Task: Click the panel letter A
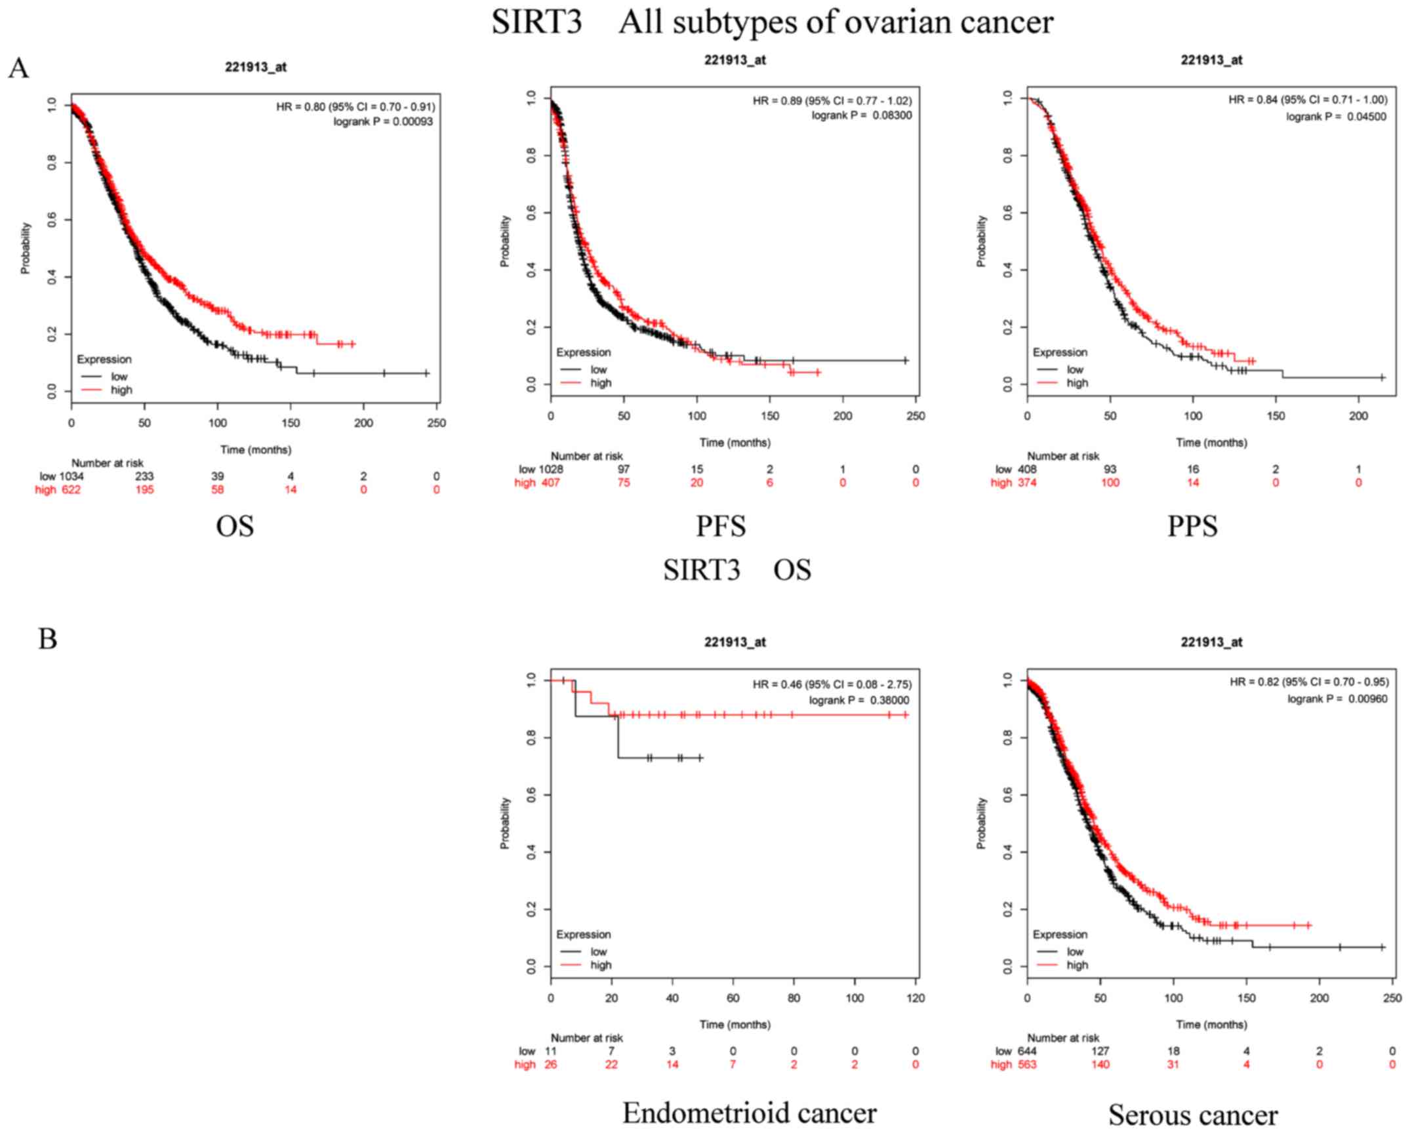point(18,68)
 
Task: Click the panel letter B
point(47,638)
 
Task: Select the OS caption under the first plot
point(235,527)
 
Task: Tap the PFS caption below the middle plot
point(721,527)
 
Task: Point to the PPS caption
point(1192,527)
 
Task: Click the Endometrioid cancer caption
point(749,1113)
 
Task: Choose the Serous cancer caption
point(1193,1115)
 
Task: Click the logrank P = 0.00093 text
point(383,121)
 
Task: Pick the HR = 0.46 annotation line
point(832,684)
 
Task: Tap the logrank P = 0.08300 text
point(861,115)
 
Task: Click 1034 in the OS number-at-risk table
point(71,476)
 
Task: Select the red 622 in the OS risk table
point(71,490)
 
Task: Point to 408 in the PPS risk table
point(1027,469)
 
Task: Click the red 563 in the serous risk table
point(1027,1064)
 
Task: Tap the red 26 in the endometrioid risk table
point(550,1064)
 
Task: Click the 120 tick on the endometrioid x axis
point(916,998)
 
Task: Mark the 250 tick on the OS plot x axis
point(436,423)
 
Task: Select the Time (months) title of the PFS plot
point(735,443)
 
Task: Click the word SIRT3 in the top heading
point(536,22)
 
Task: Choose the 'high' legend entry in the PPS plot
point(1077,383)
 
